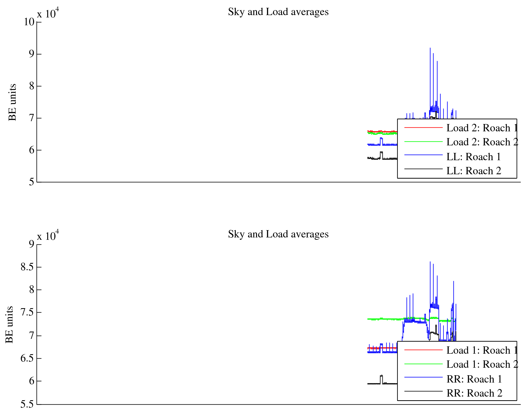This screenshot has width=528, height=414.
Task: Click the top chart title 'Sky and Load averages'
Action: tap(278, 12)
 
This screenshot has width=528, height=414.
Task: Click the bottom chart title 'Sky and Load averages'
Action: tap(278, 234)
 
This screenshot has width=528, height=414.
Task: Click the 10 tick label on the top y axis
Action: tap(29, 22)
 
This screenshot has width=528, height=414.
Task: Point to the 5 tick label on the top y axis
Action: tap(31, 182)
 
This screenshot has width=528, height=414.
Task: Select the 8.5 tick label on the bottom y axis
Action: tap(27, 267)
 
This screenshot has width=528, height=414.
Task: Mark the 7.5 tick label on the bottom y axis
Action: tap(27, 312)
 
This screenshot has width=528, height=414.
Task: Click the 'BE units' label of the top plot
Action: tap(12, 102)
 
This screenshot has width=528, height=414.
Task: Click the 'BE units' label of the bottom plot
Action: tap(9, 325)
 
